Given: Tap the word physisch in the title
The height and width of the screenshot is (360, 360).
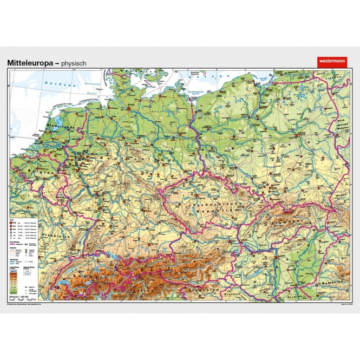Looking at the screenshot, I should [x=74, y=63].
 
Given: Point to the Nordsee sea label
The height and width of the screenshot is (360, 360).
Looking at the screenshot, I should [x=55, y=84].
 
